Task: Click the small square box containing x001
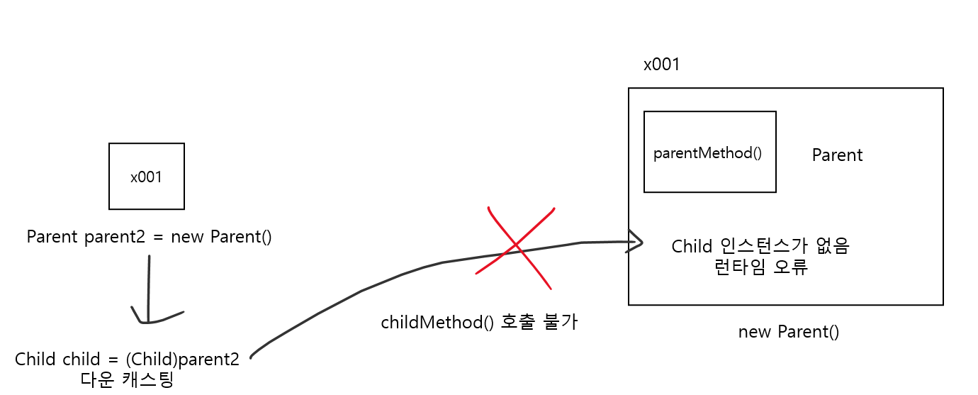(x=147, y=177)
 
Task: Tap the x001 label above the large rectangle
(x=661, y=65)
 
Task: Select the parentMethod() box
(x=709, y=152)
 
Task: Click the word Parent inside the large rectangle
(x=837, y=155)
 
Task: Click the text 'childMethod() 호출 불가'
(x=479, y=323)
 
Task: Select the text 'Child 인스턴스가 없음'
(x=760, y=246)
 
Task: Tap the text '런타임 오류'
(x=761, y=268)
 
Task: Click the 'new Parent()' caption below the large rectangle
(x=788, y=332)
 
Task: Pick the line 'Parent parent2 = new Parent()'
(x=149, y=237)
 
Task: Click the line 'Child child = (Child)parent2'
(x=127, y=359)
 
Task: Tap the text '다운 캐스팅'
(x=127, y=379)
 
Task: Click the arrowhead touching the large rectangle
(x=636, y=243)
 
